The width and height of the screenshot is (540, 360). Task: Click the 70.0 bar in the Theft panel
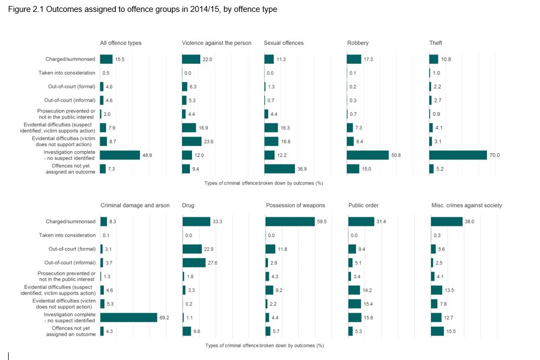[458, 155]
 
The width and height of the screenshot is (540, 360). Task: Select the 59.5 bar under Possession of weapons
[290, 221]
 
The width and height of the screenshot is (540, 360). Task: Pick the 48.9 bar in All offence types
[120, 155]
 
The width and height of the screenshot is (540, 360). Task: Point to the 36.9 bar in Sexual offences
[279, 169]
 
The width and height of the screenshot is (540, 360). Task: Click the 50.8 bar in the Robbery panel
[367, 155]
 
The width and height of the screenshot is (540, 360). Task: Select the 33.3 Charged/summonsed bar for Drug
[196, 221]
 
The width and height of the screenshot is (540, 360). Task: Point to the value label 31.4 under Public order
[381, 221]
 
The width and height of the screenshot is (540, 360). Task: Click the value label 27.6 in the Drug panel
[213, 263]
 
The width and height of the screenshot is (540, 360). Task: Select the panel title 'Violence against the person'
[216, 43]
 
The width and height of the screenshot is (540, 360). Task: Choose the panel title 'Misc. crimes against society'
[466, 205]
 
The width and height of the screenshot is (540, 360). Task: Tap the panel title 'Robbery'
[358, 43]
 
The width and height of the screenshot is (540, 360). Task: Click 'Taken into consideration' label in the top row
[67, 73]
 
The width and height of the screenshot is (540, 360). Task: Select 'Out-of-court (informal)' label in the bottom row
[69, 263]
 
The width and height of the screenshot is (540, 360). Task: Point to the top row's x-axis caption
[264, 183]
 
